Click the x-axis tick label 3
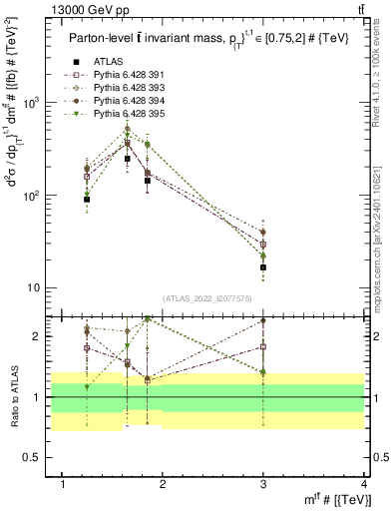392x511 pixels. click(263, 484)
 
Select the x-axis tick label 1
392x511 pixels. click(63, 484)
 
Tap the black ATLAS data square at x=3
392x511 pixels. click(263, 267)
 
